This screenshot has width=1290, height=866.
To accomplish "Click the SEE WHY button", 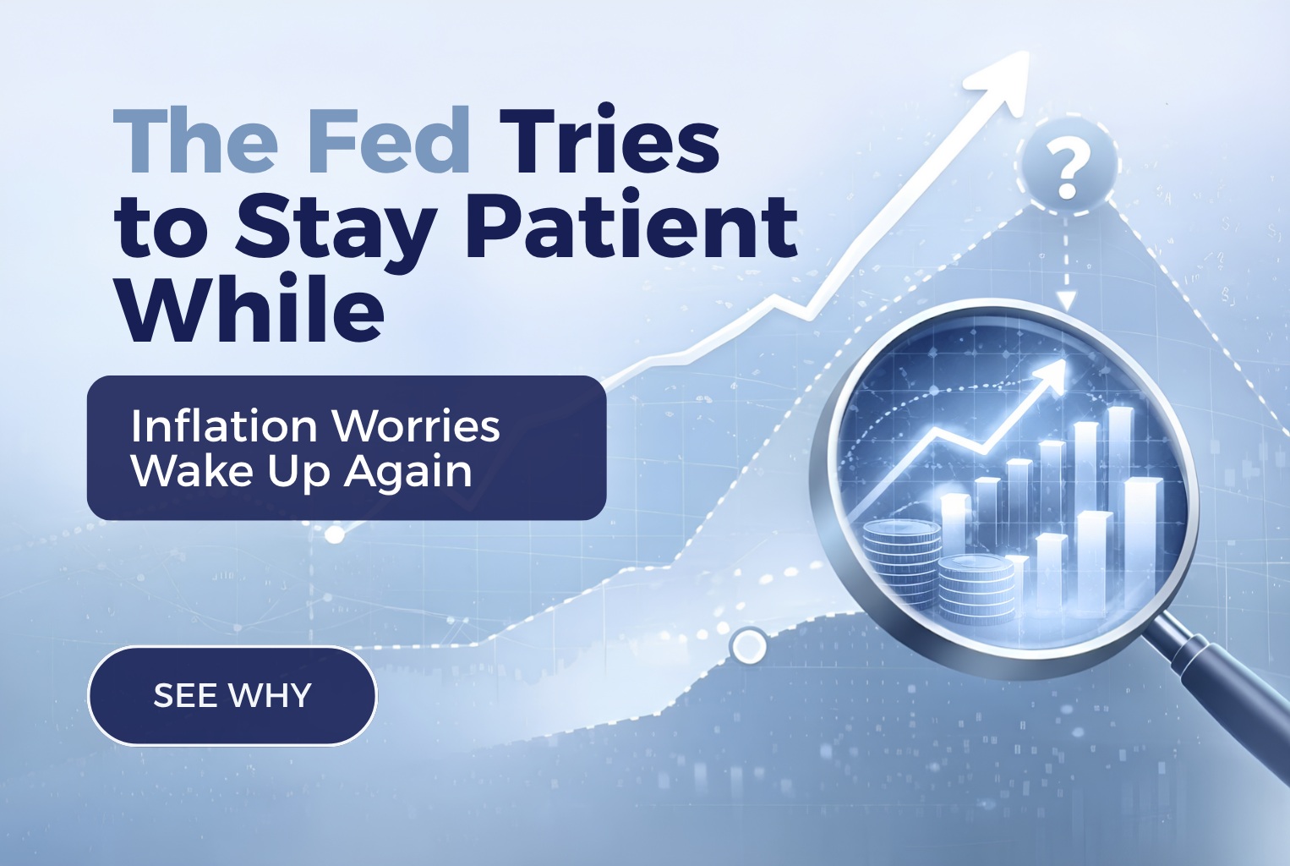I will (232, 695).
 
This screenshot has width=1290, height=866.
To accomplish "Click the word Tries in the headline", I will (609, 141).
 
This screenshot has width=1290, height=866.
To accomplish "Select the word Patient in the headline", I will (631, 227).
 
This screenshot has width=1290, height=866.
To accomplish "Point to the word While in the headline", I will (250, 310).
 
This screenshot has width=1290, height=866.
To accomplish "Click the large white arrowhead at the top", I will (1002, 77).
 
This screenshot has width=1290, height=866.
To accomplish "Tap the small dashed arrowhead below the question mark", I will (1066, 299).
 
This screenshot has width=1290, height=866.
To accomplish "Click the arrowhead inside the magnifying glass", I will (1048, 375).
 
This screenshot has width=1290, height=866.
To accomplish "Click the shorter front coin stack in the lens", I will (976, 588).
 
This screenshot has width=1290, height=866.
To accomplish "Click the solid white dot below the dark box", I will (335, 534).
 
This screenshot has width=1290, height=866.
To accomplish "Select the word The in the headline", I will (195, 141).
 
